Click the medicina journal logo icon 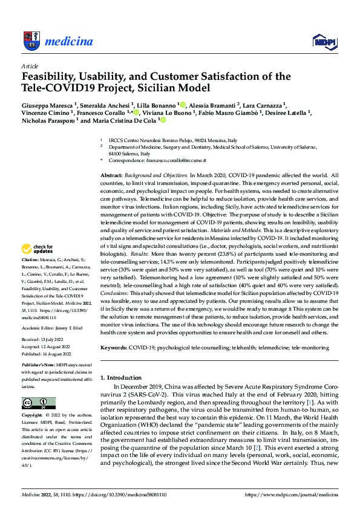click(x=30, y=41)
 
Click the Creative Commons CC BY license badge click(x=38, y=403)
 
